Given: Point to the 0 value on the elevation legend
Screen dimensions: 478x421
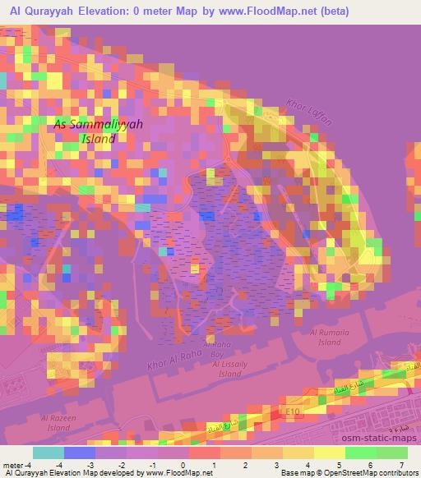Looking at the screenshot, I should (183, 465).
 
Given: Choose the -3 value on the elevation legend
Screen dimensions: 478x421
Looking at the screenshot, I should (90, 465).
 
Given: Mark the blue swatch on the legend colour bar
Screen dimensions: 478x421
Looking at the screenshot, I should (79, 453).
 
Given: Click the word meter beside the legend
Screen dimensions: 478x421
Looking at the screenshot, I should (13, 465).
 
